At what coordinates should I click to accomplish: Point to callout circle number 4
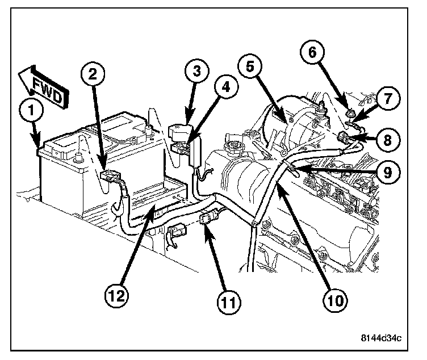tap(226, 88)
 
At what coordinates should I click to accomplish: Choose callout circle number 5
tap(251, 66)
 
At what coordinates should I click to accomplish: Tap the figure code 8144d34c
tap(381, 340)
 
